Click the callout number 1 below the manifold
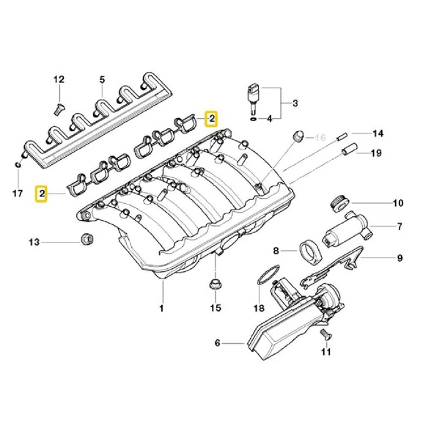[x=163, y=308]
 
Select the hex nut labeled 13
[x=84, y=240]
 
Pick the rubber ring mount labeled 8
[x=311, y=249]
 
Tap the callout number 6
[x=218, y=342]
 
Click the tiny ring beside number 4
[x=253, y=117]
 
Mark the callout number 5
[x=102, y=78]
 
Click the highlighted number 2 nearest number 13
[x=43, y=194]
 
